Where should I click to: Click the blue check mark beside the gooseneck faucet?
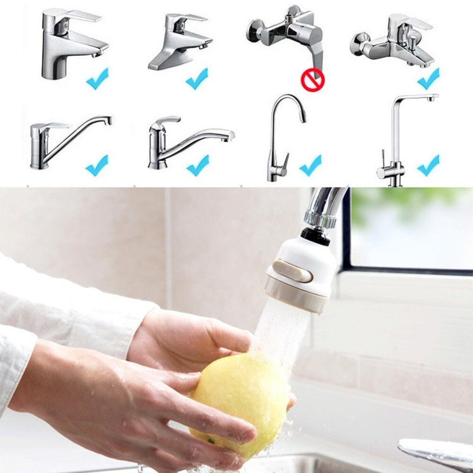coord(310,166)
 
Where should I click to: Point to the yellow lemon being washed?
coord(239,402)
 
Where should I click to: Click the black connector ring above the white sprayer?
coord(315,235)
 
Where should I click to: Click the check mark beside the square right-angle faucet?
coord(429,166)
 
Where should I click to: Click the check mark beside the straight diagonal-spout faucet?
coord(97,166)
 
